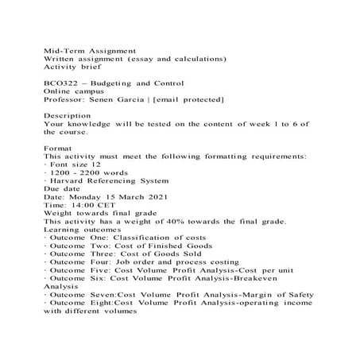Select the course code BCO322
62,83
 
